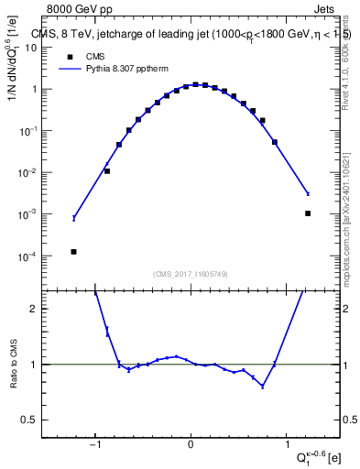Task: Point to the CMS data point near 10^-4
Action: coord(73,252)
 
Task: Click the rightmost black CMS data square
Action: coord(308,213)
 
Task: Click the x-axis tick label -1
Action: coord(95,446)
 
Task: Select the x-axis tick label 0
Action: coord(191,446)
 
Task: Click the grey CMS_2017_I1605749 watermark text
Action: coord(191,273)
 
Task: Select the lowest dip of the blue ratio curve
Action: coord(263,387)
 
